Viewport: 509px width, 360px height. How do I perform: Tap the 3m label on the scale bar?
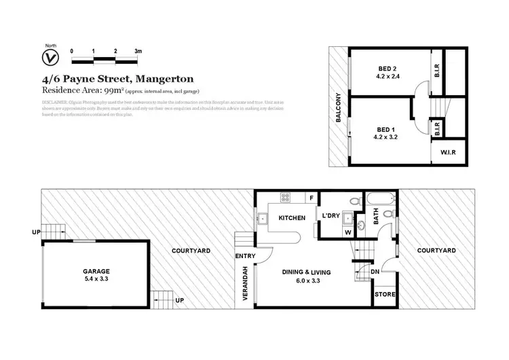click(x=138, y=52)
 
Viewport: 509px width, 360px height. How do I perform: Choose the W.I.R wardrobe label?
click(x=447, y=152)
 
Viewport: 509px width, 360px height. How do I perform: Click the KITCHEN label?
click(x=293, y=217)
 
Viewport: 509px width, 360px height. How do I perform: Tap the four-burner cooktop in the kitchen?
click(x=286, y=198)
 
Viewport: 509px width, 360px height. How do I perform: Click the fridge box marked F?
click(x=312, y=198)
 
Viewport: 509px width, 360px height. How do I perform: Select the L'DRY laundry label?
click(x=332, y=216)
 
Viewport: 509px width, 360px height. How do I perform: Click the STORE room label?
click(x=385, y=295)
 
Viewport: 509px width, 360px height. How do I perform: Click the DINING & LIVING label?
click(x=307, y=272)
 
